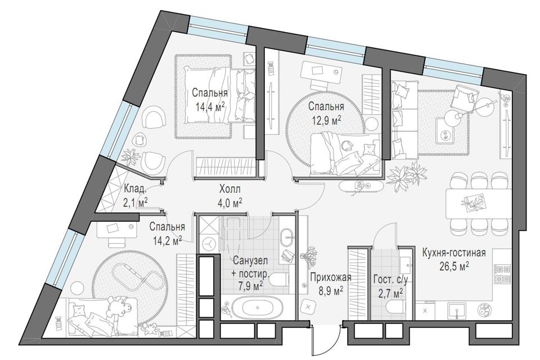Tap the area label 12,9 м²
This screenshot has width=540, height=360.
click(326, 119)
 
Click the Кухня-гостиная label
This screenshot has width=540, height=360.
click(453, 253)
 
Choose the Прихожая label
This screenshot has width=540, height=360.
click(330, 277)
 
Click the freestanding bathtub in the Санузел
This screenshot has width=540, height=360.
click(253, 309)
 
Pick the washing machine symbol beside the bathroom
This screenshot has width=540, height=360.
click(208, 244)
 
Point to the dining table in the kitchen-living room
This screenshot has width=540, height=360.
click(478, 204)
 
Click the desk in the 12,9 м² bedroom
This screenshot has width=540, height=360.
click(321, 71)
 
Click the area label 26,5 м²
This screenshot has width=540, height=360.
click(454, 265)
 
